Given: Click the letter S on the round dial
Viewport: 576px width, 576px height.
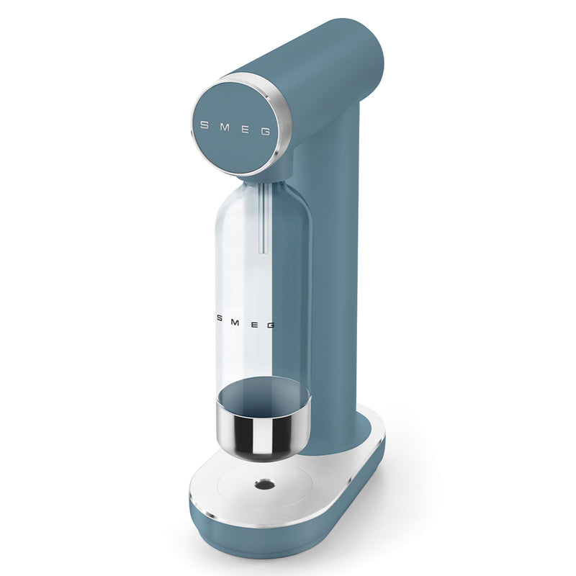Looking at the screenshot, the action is [204, 125].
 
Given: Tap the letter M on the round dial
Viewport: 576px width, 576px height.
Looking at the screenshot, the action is [225, 127].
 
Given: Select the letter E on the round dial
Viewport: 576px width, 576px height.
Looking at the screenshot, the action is [245, 130].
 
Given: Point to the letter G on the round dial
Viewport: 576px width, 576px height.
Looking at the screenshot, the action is [266, 132].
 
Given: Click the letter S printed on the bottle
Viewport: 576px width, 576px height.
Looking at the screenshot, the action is [219, 318].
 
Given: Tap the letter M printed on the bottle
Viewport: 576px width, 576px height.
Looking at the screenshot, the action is [235, 322].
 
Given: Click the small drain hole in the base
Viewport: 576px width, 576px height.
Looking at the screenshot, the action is [264, 485].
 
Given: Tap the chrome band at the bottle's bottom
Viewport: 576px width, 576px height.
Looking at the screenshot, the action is [264, 433].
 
